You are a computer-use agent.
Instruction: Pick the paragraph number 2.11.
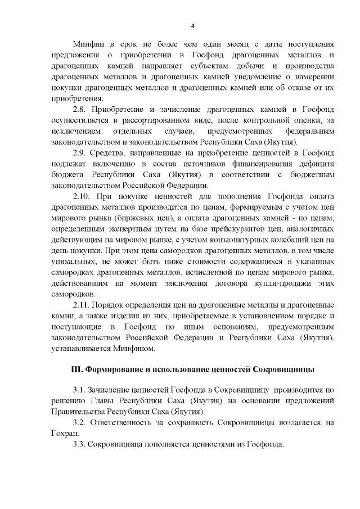tap(83, 305)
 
